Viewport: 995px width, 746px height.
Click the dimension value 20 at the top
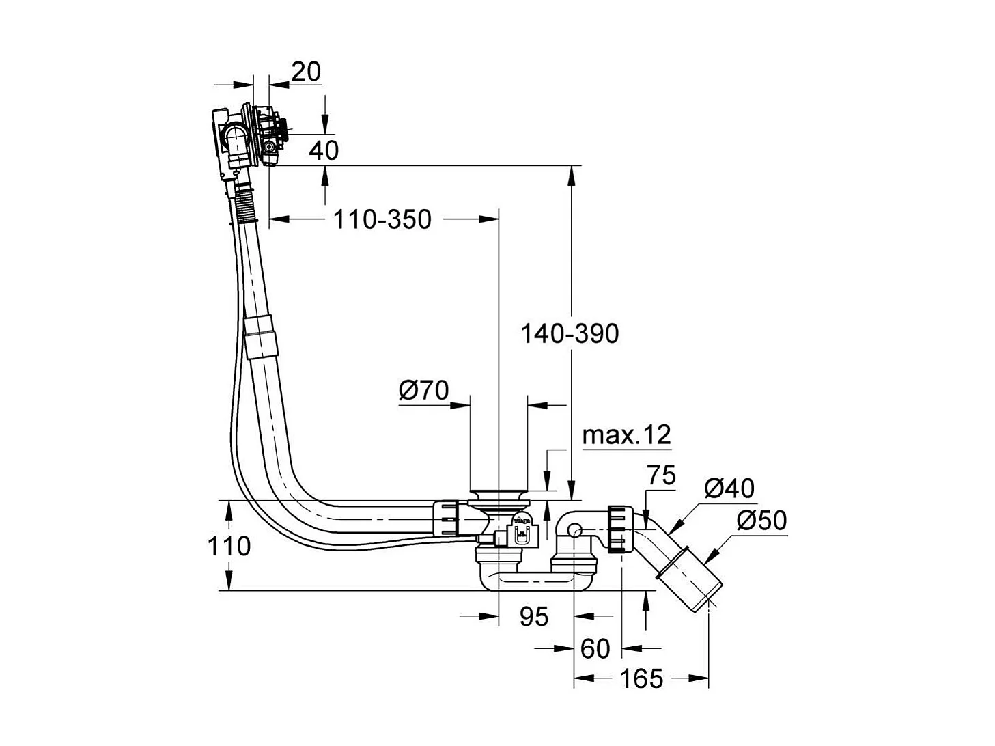(x=306, y=71)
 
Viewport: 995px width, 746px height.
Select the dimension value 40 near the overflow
(x=324, y=150)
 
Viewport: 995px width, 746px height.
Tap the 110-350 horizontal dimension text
(x=382, y=219)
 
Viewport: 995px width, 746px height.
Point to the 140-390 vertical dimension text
(x=570, y=333)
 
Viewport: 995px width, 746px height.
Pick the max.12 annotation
(x=626, y=434)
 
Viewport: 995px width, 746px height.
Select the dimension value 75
(x=660, y=475)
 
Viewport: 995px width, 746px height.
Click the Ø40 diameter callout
(x=729, y=488)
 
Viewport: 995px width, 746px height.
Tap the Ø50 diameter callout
(x=761, y=521)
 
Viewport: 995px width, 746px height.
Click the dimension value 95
(x=533, y=616)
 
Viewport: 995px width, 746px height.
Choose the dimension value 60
(x=594, y=648)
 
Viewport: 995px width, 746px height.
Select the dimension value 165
(x=641, y=678)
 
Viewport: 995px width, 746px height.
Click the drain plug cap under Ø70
(x=499, y=494)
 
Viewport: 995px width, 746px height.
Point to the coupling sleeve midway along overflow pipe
(x=262, y=336)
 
